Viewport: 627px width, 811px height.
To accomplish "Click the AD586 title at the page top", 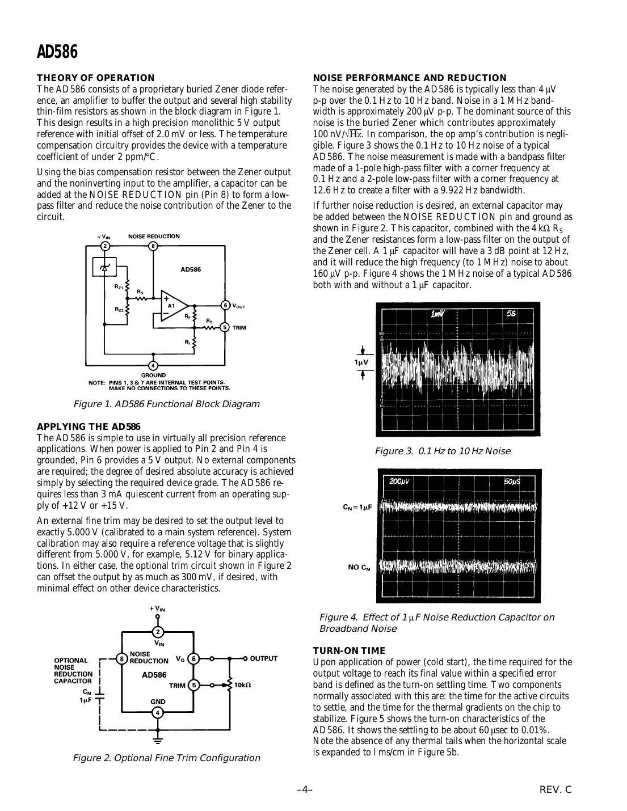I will pos(57,52).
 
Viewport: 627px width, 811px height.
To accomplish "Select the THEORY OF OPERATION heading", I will pos(95,78).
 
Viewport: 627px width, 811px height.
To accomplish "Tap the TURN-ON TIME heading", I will pos(349,651).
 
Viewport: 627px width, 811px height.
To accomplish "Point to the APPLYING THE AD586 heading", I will pos(89,426).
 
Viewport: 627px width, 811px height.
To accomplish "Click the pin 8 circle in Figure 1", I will pos(153,246).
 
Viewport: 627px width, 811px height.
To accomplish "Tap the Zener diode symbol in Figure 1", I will pos(104,267).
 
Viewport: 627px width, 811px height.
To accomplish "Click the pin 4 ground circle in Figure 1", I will pos(153,366).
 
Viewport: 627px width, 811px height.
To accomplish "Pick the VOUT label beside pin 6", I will pos(239,306).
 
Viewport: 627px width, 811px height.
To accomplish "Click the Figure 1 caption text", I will pos(166,404).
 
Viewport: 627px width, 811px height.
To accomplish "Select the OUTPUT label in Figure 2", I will pos(264,658).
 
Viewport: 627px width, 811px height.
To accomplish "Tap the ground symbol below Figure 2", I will pos(158,739).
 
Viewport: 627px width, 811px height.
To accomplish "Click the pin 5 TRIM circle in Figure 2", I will pos(193,685).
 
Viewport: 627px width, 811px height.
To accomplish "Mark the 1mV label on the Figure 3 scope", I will pos(438,314).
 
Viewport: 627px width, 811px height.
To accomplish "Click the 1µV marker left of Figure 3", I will pos(361,362).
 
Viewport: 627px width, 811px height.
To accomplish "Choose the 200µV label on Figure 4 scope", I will pos(399,481).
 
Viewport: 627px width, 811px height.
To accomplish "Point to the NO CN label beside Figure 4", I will pos(359,567).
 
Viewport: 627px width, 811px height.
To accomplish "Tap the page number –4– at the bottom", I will pos(305,789).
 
